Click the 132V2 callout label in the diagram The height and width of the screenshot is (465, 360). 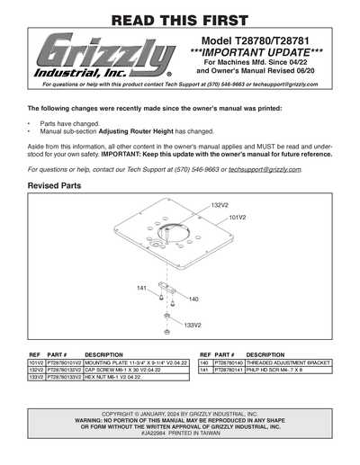coord(220,206)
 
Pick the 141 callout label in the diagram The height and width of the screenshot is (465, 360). coord(142,288)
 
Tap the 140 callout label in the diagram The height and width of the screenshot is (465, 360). coord(193,298)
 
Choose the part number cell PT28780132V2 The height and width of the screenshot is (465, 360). coord(64,370)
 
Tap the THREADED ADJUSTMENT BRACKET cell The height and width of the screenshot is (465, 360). coord(288,362)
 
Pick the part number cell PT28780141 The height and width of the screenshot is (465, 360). coord(228,370)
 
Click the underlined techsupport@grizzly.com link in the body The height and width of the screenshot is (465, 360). coord(265,168)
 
